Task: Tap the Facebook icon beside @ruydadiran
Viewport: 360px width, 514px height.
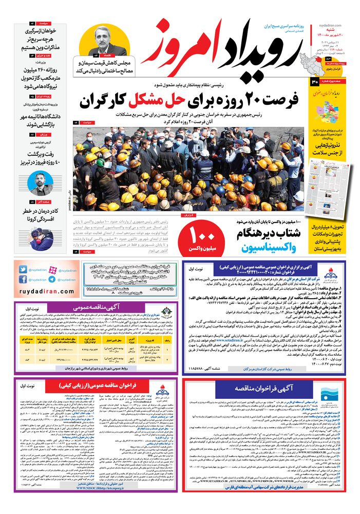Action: coord(25,280)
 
